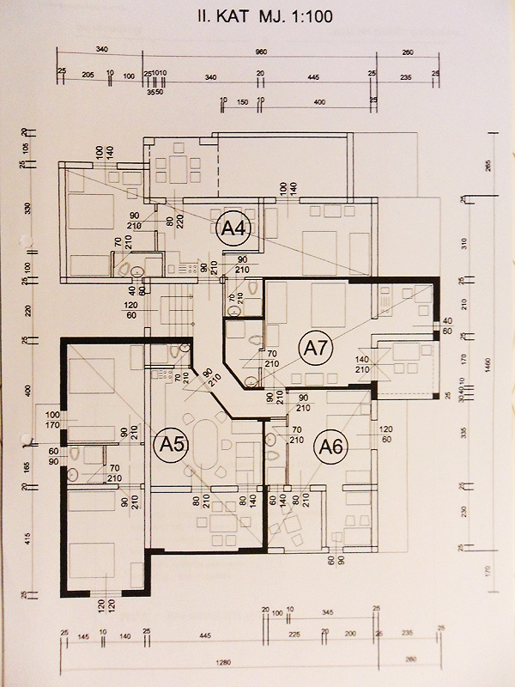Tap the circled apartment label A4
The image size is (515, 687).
point(233,228)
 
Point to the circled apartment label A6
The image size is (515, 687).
point(330,446)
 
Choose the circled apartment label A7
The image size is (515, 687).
point(313,347)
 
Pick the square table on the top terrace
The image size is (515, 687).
point(179,168)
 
